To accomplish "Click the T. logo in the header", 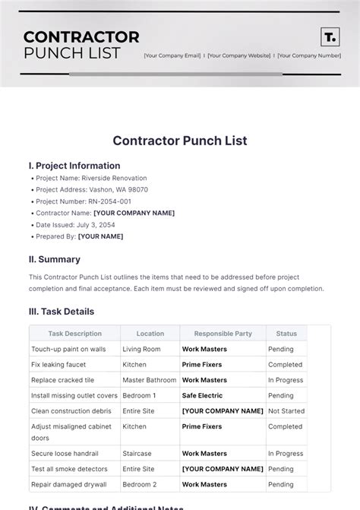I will pos(330,37).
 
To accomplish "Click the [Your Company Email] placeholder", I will pos(172,55).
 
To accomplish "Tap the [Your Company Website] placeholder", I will pos(239,55).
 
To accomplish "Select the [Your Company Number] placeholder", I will pos(309,55).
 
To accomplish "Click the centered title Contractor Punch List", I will pos(180,141).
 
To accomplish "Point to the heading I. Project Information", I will pos(74,166).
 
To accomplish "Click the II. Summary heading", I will pos(54,259).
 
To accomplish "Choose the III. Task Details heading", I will pos(62,312).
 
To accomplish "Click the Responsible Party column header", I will pos(223,334).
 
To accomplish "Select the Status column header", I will pos(286,334).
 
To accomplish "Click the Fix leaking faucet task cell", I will pos(58,365).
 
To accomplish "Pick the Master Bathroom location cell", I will pos(150,380).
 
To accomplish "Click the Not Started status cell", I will pos(286,411).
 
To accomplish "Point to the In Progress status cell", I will pos(286,380).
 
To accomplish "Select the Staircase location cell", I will pos(137,454).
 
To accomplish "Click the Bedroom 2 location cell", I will pos(140,485).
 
